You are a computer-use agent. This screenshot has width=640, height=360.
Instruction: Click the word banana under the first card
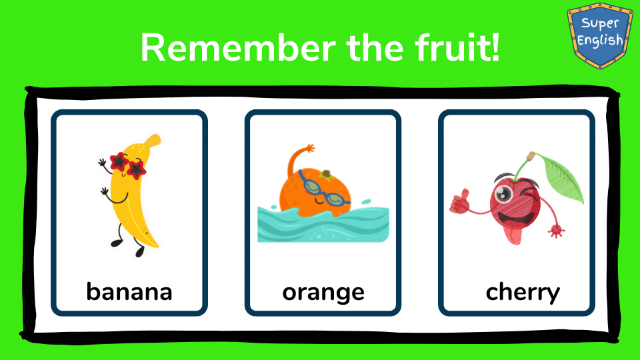click(129, 291)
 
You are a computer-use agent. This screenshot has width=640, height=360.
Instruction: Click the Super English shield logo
click(600, 35)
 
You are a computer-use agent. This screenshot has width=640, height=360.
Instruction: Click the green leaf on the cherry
click(561, 179)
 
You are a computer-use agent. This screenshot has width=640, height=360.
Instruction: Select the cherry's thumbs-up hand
click(459, 201)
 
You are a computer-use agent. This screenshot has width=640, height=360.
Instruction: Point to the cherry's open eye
click(504, 193)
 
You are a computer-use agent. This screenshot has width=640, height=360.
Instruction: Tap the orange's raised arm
click(298, 159)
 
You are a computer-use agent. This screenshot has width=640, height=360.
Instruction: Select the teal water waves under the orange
click(323, 224)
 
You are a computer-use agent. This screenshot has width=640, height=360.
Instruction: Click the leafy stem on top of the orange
click(327, 175)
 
